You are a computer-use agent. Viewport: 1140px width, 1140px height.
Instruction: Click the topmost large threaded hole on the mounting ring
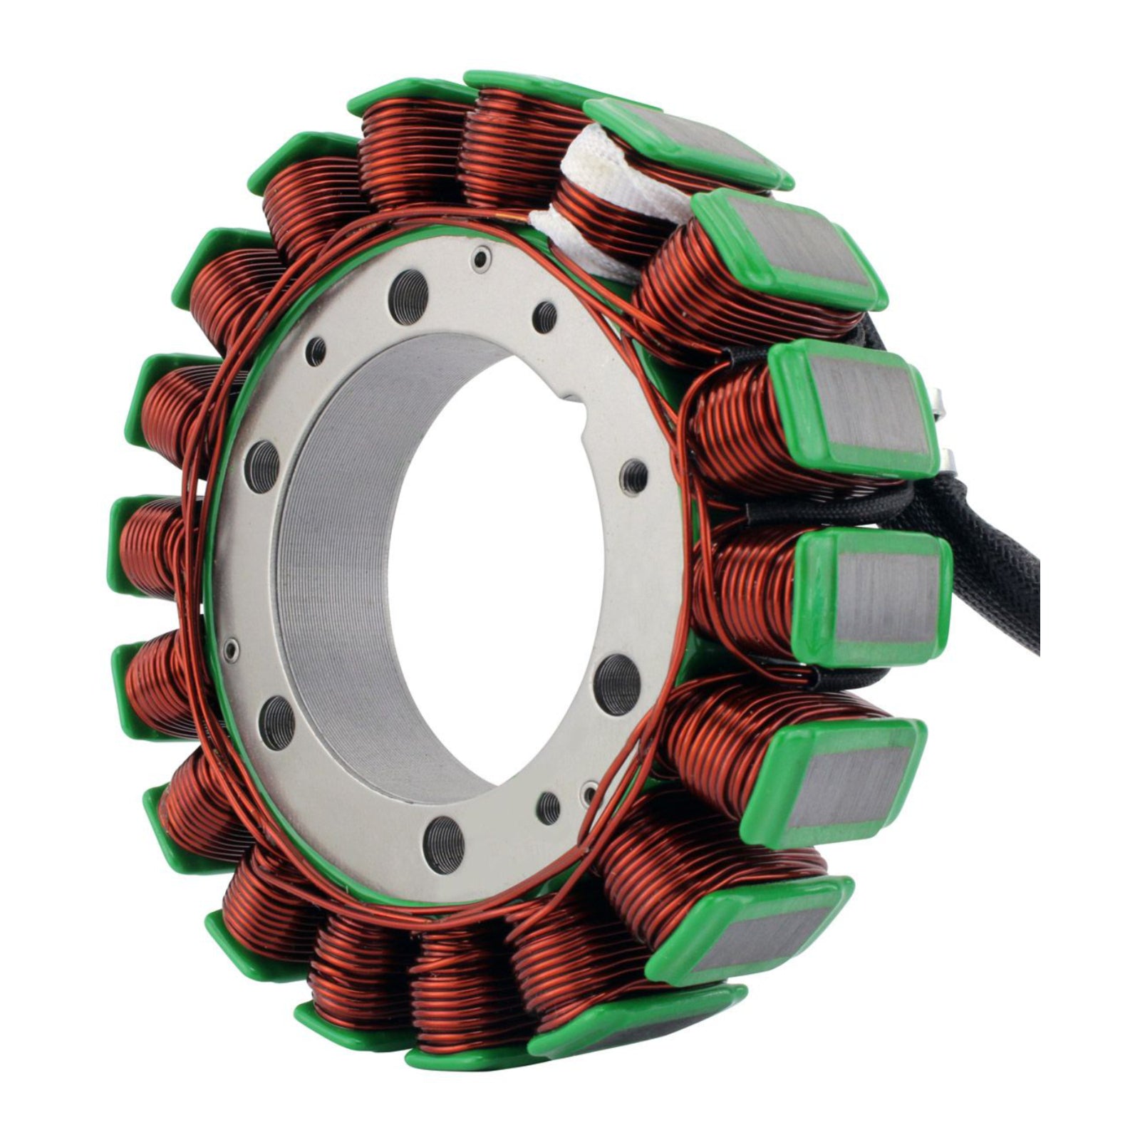click(x=404, y=286)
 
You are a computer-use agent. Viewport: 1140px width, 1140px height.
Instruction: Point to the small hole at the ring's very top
click(x=484, y=255)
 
